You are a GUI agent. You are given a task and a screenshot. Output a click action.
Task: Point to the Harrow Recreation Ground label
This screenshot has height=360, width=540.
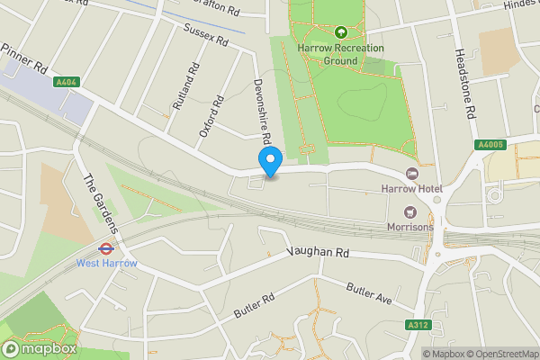click(x=342, y=54)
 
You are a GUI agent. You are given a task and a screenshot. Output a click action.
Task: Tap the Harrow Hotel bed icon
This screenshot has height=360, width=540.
click(x=412, y=173)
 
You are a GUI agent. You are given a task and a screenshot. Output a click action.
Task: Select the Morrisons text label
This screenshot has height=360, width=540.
click(x=411, y=227)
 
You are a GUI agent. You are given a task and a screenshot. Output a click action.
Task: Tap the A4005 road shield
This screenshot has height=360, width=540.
click(x=490, y=145)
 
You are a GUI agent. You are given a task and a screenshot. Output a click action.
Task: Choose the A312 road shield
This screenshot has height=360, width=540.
click(x=417, y=325)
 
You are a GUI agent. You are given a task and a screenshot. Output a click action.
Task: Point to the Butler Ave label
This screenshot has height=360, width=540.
click(x=369, y=293)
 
